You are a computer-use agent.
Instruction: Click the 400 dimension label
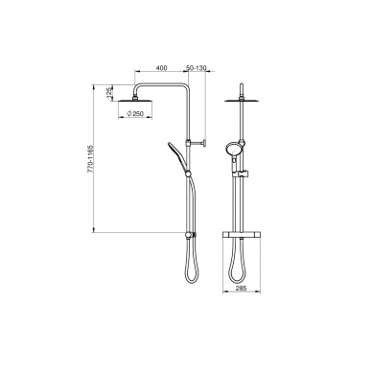tap(162, 68)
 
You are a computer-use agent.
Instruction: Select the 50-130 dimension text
tap(197, 68)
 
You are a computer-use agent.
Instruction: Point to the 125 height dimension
tap(108, 92)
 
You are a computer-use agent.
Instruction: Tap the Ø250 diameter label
tap(135, 114)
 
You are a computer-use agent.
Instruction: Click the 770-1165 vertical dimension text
tap(89, 159)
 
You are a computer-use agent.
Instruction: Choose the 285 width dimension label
tap(242, 288)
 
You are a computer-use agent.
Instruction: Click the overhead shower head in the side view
tap(135, 102)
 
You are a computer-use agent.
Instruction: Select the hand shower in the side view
tap(178, 156)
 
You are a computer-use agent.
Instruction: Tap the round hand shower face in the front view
tap(232, 149)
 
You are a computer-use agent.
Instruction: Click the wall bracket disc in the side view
tap(204, 142)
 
